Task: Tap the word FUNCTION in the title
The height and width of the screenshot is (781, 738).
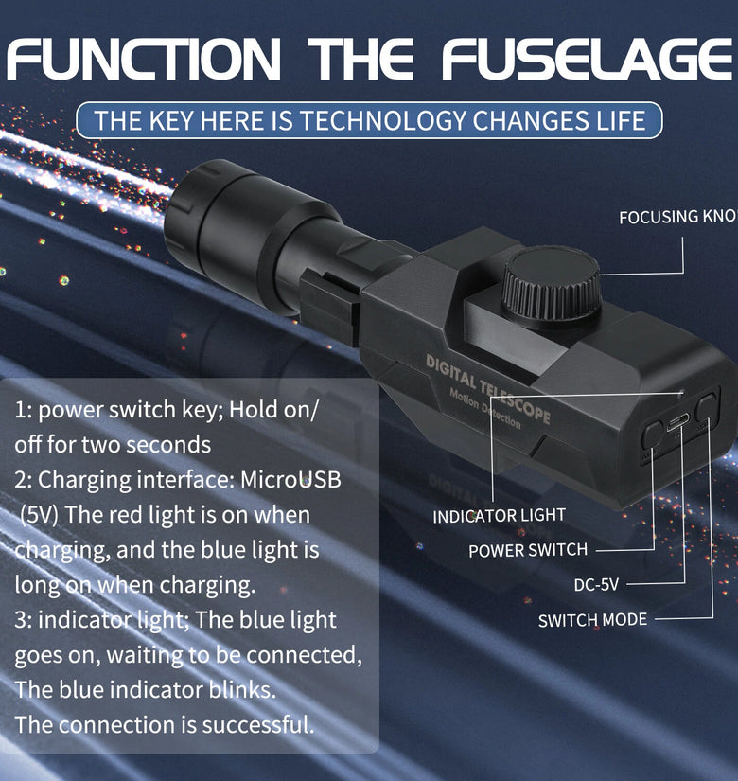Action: point(144,59)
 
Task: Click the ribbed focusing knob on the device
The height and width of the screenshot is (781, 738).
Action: point(551,284)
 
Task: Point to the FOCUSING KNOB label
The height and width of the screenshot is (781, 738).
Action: point(678,217)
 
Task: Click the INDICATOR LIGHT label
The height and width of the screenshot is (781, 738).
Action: point(499,516)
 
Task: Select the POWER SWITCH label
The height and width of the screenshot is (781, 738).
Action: point(528,550)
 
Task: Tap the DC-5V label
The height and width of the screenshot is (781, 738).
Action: point(596,584)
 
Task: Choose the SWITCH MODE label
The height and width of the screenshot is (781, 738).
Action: point(592,620)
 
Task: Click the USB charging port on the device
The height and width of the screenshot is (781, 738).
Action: point(677,424)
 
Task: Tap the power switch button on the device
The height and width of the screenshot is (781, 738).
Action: point(652,435)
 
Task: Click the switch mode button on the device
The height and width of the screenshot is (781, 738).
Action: point(707,408)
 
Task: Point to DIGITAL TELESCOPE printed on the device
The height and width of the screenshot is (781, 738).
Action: point(488,389)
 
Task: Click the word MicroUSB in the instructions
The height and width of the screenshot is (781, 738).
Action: point(290,480)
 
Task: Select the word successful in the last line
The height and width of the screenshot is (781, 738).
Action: point(258,724)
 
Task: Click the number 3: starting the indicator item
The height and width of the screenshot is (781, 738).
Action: point(23,620)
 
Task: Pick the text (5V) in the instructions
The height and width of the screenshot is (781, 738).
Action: point(40,515)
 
